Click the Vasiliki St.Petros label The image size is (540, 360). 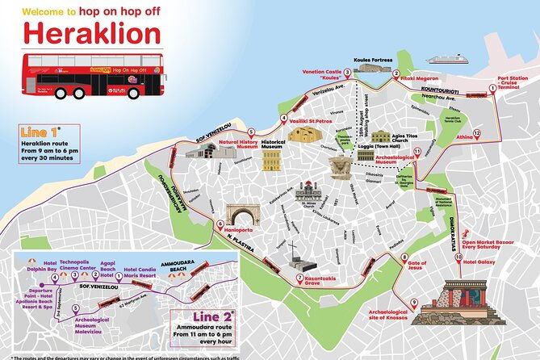coord(316,117)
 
